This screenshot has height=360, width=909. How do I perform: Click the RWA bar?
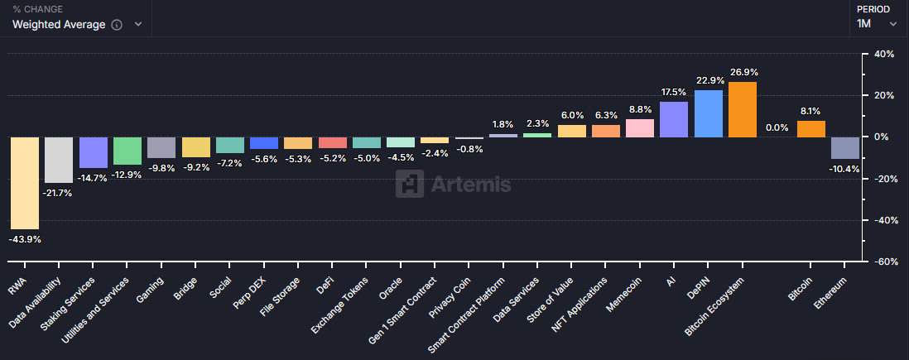coord(24,182)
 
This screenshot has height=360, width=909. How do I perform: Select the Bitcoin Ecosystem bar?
coord(743,109)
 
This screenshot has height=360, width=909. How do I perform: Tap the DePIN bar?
coord(708,113)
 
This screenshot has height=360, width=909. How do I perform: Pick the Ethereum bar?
coord(845,147)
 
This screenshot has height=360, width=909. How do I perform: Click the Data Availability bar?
coord(58,160)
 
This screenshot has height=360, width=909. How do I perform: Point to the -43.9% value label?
coord(25,239)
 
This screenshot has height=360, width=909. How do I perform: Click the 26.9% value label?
coord(743,72)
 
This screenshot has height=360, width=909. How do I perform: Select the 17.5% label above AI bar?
coord(673,91)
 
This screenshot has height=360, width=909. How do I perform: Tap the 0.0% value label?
coord(777,127)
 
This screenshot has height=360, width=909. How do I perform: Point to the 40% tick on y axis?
coord(884,55)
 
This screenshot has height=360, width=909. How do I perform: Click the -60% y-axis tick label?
coord(883,262)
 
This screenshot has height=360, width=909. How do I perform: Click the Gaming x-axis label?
coord(149,287)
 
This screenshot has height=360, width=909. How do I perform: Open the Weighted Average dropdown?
coord(77,25)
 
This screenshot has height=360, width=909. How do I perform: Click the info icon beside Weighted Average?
coord(117,25)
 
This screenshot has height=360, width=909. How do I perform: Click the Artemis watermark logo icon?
coord(409,184)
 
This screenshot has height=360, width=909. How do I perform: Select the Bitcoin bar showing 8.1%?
coord(811,129)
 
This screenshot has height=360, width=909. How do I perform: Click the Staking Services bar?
coord(93,152)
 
